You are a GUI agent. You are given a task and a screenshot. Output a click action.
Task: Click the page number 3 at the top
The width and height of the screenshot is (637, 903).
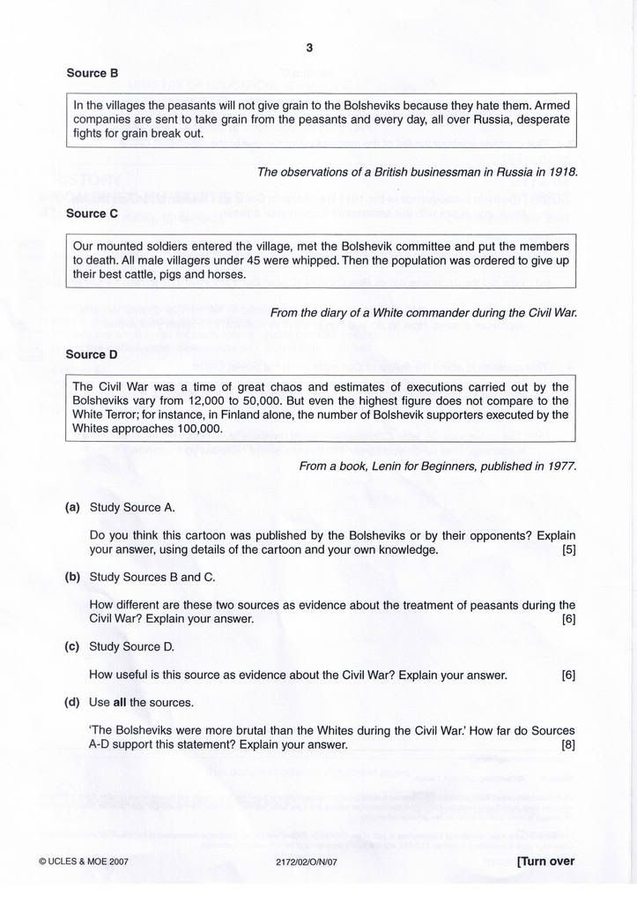[309, 49]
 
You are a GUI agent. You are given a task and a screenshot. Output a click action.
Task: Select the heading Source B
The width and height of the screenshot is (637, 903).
[92, 73]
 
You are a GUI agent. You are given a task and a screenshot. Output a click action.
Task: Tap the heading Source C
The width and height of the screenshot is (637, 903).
[92, 213]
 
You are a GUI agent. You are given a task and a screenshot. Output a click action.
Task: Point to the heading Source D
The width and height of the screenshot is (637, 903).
[92, 354]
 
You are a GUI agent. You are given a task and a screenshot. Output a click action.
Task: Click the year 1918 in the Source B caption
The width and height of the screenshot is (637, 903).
[561, 172]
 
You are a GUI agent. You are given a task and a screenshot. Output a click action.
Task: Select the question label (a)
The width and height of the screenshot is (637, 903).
[72, 508]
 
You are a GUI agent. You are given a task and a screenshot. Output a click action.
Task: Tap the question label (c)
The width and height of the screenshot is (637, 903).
[72, 646]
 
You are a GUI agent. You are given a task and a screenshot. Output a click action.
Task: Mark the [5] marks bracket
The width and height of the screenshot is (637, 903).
[568, 550]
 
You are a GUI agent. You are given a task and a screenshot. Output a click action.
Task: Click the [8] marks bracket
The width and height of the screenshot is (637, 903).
[568, 745]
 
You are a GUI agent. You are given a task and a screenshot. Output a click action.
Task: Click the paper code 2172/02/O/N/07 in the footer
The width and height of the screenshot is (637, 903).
[306, 863]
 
